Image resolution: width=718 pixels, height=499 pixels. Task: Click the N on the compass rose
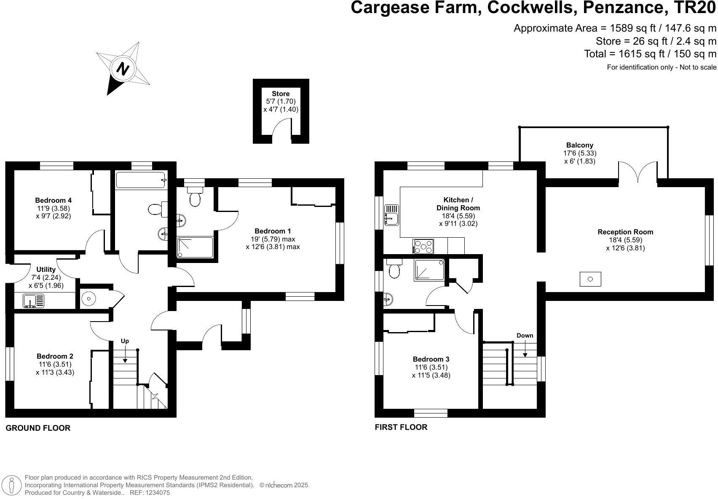[123, 69]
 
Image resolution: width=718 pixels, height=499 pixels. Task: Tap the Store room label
[281, 94]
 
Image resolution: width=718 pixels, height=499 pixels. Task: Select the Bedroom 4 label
[53, 200]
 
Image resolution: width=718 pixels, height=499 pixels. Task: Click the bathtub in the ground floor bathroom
[141, 180]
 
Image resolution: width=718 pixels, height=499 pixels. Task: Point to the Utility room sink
[33, 301]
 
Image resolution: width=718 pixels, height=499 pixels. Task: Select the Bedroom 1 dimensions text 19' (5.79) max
[273, 239]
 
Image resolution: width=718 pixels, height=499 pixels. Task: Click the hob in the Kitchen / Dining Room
[423, 247]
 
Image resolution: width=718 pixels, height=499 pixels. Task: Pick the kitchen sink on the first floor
[391, 215]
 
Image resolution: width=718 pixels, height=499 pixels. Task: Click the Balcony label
[579, 145]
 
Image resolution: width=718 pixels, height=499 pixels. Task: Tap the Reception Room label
[625, 232]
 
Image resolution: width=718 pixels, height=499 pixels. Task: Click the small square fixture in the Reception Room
[590, 279]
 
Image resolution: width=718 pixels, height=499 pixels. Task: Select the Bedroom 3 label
[431, 359]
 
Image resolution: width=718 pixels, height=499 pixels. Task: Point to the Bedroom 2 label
[55, 356]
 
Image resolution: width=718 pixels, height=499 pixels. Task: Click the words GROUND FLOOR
[38, 428]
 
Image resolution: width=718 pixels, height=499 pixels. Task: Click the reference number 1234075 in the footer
[158, 493]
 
